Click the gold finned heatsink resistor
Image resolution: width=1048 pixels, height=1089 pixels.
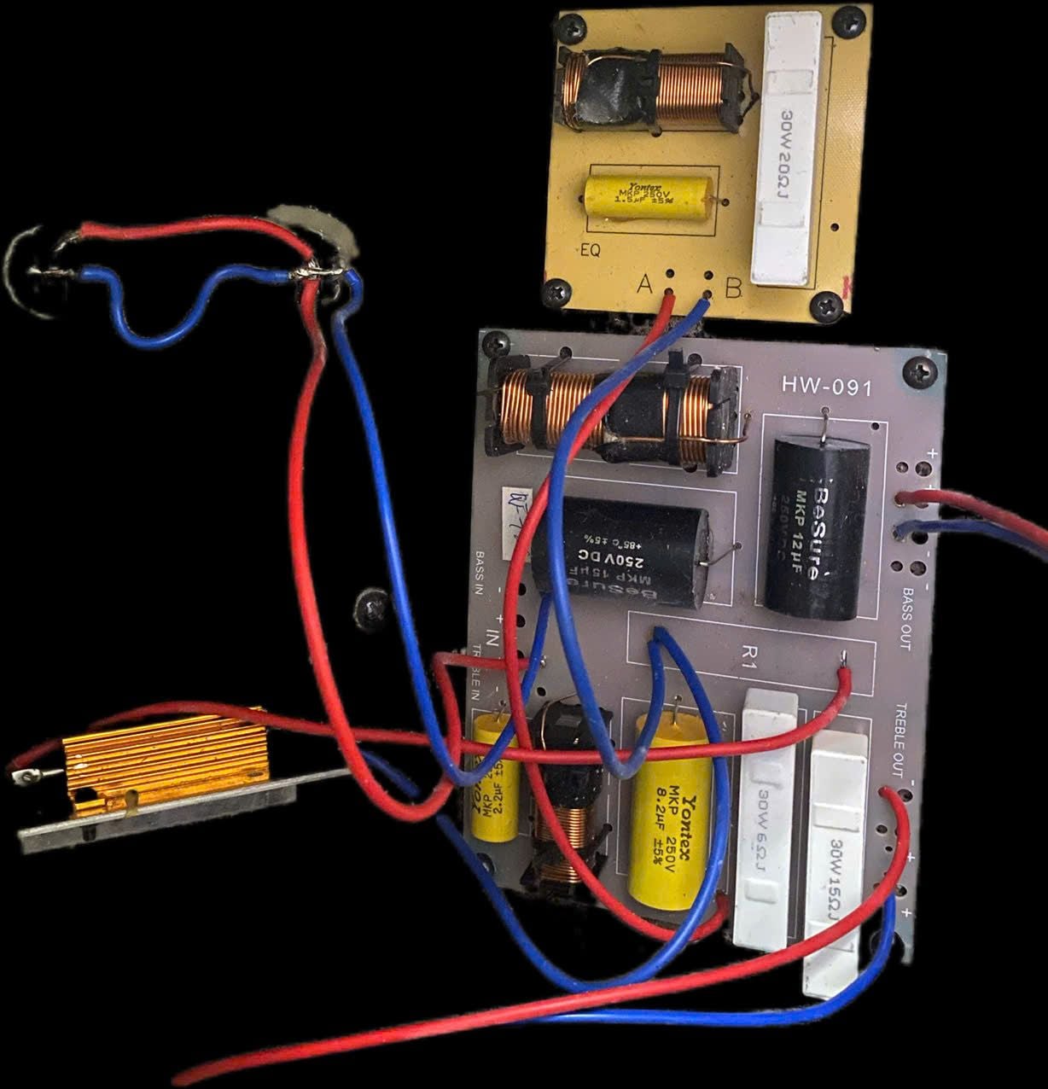point(166,759)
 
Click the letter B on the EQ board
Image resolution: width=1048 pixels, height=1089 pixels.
point(732,288)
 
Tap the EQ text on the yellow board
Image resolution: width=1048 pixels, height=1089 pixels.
point(590,253)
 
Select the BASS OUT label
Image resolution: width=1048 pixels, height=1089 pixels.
point(906,619)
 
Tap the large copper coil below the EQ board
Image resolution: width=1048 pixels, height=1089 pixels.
point(608,416)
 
